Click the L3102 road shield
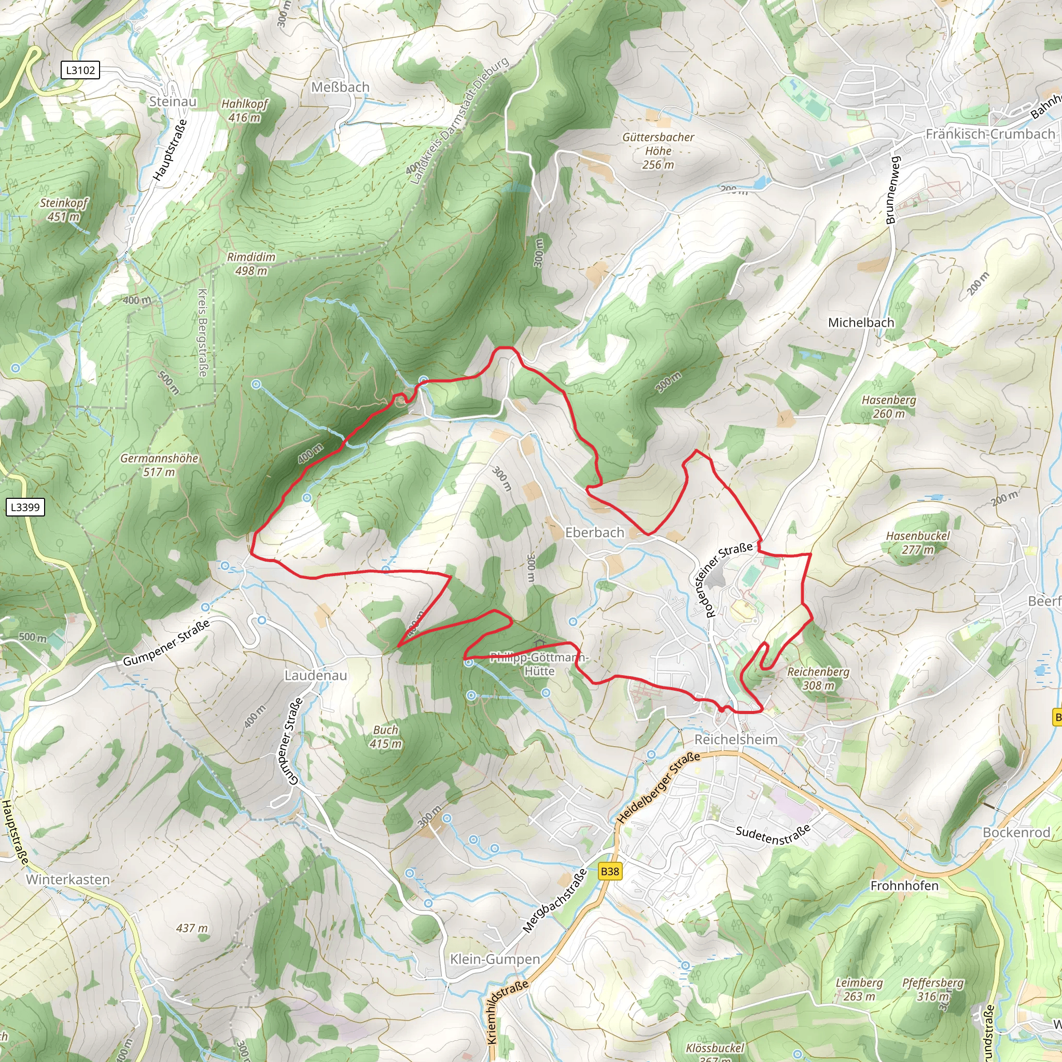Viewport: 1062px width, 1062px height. point(80,70)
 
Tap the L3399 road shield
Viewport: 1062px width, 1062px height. point(25,507)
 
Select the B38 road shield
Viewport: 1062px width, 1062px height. point(610,871)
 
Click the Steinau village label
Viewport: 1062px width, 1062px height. point(173,102)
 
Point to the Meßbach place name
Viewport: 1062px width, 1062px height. point(340,88)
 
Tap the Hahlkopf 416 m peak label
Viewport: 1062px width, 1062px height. point(244,110)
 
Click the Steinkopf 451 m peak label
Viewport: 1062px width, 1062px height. point(64,209)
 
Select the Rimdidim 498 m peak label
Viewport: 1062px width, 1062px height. point(251,264)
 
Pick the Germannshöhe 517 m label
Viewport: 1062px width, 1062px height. point(159,465)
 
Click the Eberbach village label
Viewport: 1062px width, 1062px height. point(595,532)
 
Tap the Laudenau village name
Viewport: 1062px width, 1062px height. point(315,675)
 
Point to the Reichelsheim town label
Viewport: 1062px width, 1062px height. point(736,739)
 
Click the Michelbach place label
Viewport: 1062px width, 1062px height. point(861,323)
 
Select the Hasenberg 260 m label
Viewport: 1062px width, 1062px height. point(889,406)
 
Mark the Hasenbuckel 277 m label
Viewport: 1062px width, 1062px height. point(917,542)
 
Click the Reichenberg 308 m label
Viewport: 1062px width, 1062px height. point(818,678)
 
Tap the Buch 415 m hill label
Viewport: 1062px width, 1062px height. point(385,736)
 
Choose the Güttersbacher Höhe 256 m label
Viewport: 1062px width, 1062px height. point(659,150)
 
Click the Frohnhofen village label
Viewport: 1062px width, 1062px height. point(904,886)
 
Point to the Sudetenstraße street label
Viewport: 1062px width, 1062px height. point(773,834)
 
